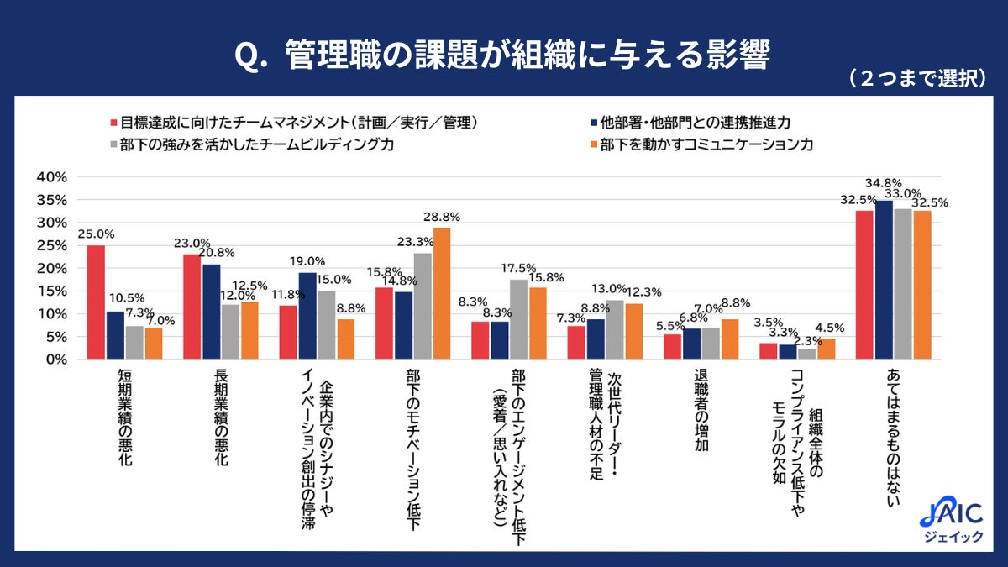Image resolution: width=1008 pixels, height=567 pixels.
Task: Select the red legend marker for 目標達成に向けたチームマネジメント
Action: point(113,123)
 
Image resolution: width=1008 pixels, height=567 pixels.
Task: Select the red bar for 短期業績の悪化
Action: point(96,302)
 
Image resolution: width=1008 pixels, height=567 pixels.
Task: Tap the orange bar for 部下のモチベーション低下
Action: point(442,294)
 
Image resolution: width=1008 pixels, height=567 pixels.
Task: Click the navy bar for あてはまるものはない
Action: point(884,280)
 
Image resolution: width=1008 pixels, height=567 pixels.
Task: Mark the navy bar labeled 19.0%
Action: point(308,316)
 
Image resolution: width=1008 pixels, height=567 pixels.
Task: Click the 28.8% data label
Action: point(442,217)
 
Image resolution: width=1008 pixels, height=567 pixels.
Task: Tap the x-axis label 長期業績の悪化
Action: point(221,416)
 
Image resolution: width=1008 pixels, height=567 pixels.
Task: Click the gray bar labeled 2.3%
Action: point(807,354)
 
